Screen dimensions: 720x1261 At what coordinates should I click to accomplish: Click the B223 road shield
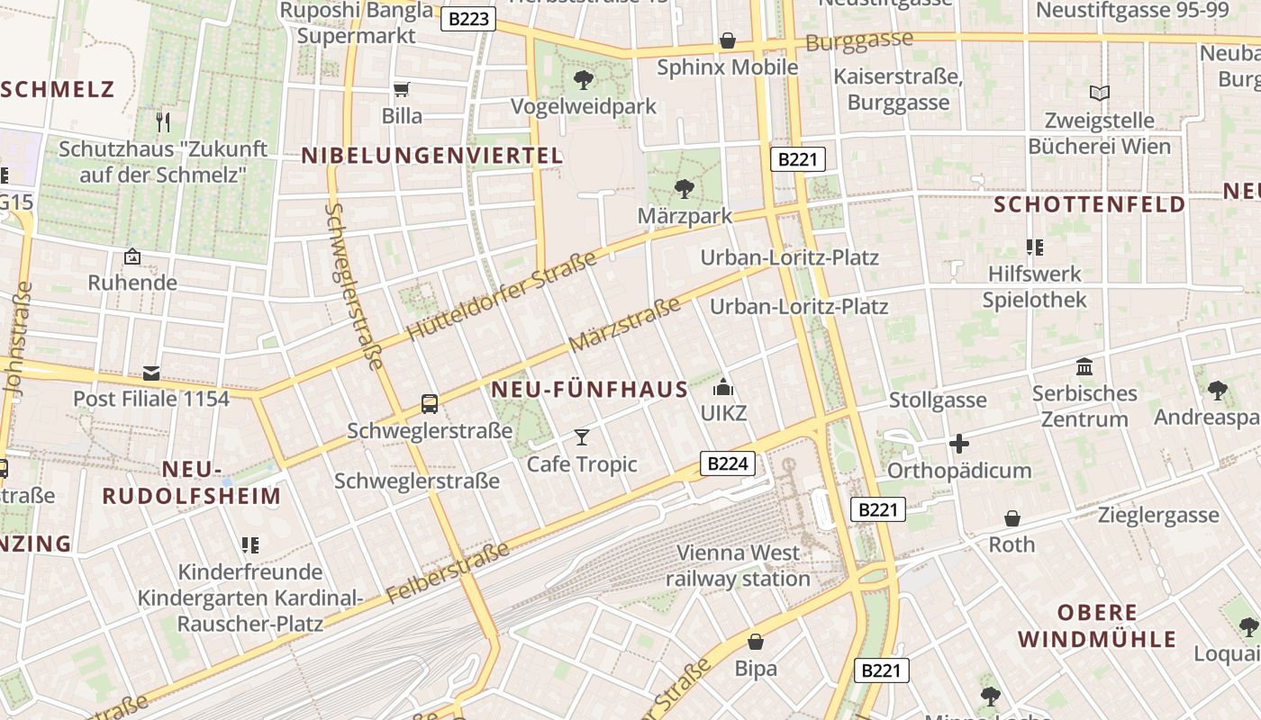(468, 18)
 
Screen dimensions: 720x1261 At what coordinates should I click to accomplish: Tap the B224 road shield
(728, 463)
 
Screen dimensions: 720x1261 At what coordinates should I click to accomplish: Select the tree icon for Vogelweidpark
(584, 79)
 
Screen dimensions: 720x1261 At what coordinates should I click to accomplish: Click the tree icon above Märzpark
(685, 189)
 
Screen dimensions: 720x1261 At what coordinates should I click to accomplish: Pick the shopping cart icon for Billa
(402, 89)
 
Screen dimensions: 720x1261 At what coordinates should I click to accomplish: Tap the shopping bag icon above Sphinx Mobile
(728, 40)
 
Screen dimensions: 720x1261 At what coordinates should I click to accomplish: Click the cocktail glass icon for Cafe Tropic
(582, 437)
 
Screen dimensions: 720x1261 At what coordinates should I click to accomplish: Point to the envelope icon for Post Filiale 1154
(151, 373)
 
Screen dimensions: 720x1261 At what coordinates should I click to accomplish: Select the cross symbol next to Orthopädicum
(959, 444)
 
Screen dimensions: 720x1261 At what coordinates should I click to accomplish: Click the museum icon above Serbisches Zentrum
(1084, 367)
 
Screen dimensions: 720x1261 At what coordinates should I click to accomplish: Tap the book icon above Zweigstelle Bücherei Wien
(1099, 93)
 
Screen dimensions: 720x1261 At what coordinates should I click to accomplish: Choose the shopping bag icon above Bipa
(756, 642)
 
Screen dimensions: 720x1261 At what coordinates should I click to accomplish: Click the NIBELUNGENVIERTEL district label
(432, 156)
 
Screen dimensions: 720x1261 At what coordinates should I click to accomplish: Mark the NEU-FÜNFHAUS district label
(590, 390)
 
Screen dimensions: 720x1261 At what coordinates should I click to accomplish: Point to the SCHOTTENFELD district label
(1090, 204)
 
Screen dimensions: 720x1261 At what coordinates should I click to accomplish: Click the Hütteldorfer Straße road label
(503, 296)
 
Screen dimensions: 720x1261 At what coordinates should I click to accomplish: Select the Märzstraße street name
(625, 325)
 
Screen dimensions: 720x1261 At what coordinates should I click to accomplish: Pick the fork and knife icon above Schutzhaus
(163, 121)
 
